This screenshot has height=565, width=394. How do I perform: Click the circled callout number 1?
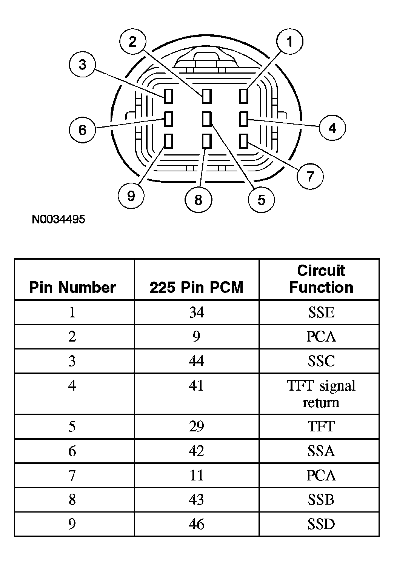pos(289,42)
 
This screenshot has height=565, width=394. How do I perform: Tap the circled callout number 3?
pos(82,64)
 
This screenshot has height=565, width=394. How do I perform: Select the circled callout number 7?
pos(310,176)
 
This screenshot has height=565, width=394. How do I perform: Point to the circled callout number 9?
pos(131,196)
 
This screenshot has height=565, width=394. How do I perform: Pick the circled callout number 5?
pos(261,200)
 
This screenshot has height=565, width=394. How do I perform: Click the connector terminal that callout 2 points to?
pos(206,96)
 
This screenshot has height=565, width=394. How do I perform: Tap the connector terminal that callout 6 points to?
pos(168,119)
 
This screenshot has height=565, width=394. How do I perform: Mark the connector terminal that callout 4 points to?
pos(244,119)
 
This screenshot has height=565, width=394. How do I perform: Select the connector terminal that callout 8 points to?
pos(206,141)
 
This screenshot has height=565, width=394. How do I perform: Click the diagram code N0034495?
pos(58,219)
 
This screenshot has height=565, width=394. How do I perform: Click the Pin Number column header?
pos(72,287)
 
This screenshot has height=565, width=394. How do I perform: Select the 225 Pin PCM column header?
pos(197,287)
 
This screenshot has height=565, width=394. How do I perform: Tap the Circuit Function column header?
pos(321,279)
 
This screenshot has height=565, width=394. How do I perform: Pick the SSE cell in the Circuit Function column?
pos(321,312)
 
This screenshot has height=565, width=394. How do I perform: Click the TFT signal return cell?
pos(321,394)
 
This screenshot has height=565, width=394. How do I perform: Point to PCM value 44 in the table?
pos(197,361)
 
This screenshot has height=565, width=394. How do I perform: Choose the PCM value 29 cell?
pos(197,426)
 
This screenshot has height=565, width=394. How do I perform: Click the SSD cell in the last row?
pos(321,524)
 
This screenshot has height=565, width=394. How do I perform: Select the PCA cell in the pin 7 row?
pos(321,475)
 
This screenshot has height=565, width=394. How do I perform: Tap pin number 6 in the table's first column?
pos(72,451)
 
